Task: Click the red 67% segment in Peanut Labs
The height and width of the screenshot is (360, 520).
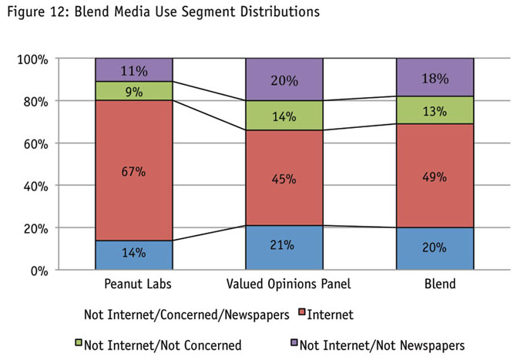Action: point(133,170)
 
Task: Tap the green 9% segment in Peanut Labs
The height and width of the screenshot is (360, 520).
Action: point(133,90)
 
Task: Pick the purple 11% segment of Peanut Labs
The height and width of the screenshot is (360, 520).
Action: point(133,69)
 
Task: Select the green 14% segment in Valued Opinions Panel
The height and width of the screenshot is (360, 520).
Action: point(284,116)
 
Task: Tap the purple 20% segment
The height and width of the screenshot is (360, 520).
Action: point(284,79)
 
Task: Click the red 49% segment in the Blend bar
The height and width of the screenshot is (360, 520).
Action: point(435,176)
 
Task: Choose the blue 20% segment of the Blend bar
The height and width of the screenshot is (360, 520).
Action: point(435,249)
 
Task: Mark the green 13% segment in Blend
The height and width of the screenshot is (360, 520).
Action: point(435,110)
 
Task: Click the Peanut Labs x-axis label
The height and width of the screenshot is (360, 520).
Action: point(133,284)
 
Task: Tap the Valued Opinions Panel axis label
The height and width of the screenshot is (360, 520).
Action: point(284,284)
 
